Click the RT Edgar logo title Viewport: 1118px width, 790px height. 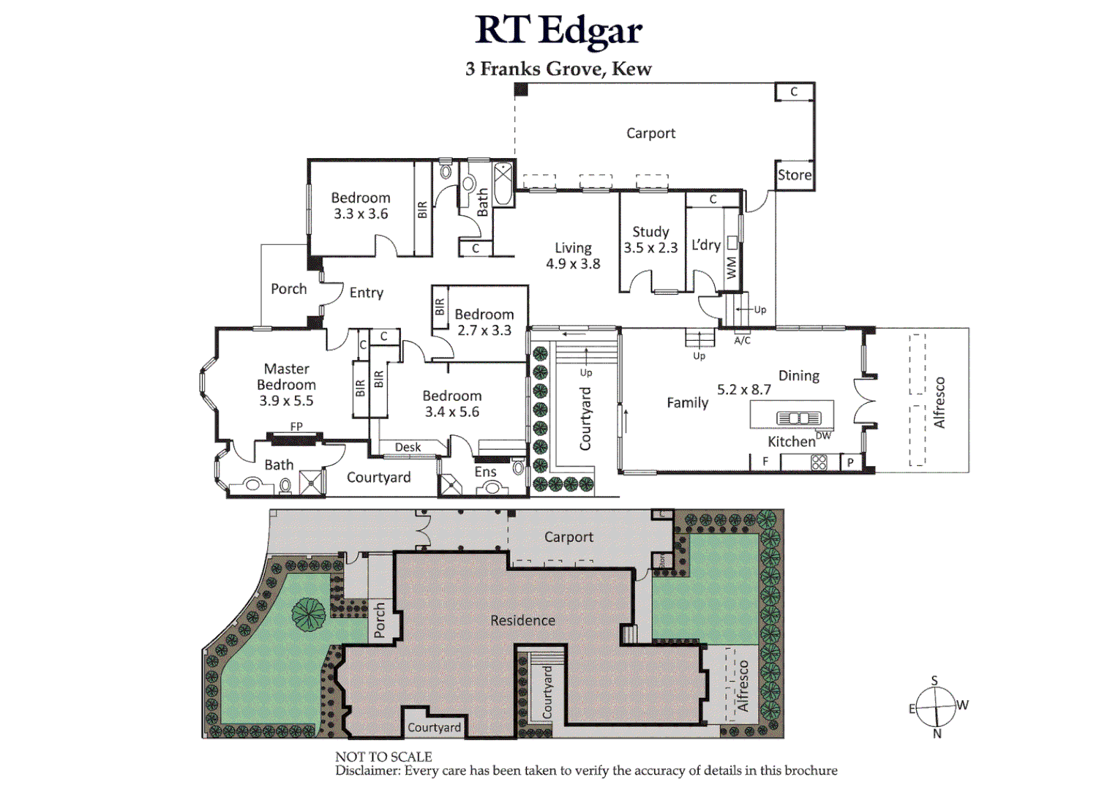pyautogui.click(x=558, y=31)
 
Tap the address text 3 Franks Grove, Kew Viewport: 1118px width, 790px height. pyautogui.click(x=558, y=69)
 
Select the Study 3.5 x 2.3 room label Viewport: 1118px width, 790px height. pyautogui.click(x=650, y=240)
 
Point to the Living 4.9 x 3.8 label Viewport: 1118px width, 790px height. pyautogui.click(x=573, y=256)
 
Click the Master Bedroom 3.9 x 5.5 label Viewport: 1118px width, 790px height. pyautogui.click(x=286, y=385)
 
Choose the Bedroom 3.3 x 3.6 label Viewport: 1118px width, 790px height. pyautogui.click(x=361, y=206)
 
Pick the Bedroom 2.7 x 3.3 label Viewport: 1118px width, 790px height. pyautogui.click(x=484, y=322)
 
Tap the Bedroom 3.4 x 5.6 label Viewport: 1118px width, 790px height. pyautogui.click(x=452, y=404)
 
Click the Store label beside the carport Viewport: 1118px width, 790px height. pyautogui.click(x=795, y=175)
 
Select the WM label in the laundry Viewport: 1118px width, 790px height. pyautogui.click(x=732, y=267)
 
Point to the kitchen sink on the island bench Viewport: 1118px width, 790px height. pyautogui.click(x=799, y=418)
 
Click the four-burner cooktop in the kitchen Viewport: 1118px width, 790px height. pyautogui.click(x=819, y=462)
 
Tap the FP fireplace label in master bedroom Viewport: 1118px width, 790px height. pyautogui.click(x=296, y=426)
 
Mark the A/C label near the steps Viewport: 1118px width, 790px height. pyautogui.click(x=742, y=340)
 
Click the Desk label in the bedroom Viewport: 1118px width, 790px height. pyautogui.click(x=408, y=447)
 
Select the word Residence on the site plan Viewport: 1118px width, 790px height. pyautogui.click(x=522, y=620)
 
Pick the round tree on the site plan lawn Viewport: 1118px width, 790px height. pyautogui.click(x=309, y=614)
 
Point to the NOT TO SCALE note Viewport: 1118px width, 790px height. pyautogui.click(x=383, y=757)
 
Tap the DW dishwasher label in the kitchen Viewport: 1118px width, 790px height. pyautogui.click(x=823, y=435)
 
